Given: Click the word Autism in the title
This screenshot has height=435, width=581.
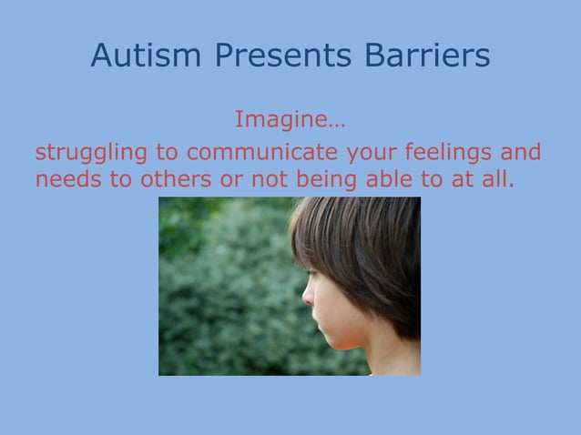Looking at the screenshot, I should (x=148, y=56).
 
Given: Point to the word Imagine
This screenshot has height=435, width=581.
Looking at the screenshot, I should (x=286, y=119).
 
